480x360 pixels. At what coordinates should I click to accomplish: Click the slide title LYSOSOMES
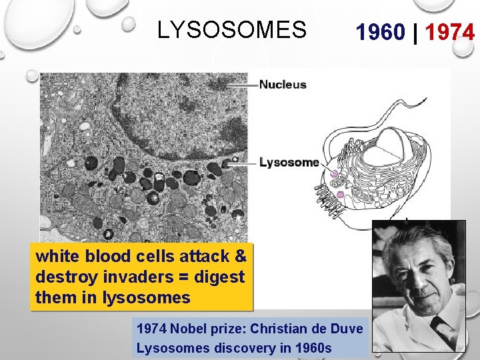click(232, 30)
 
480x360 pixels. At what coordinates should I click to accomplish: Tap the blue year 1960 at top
click(379, 32)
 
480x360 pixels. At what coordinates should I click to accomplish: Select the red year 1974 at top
click(450, 32)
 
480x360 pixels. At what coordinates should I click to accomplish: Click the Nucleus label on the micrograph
click(283, 85)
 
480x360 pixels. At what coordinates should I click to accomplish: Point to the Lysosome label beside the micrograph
click(289, 162)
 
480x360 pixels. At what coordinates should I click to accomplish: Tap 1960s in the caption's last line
click(314, 347)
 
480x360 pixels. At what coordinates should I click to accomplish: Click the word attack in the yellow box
click(204, 256)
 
